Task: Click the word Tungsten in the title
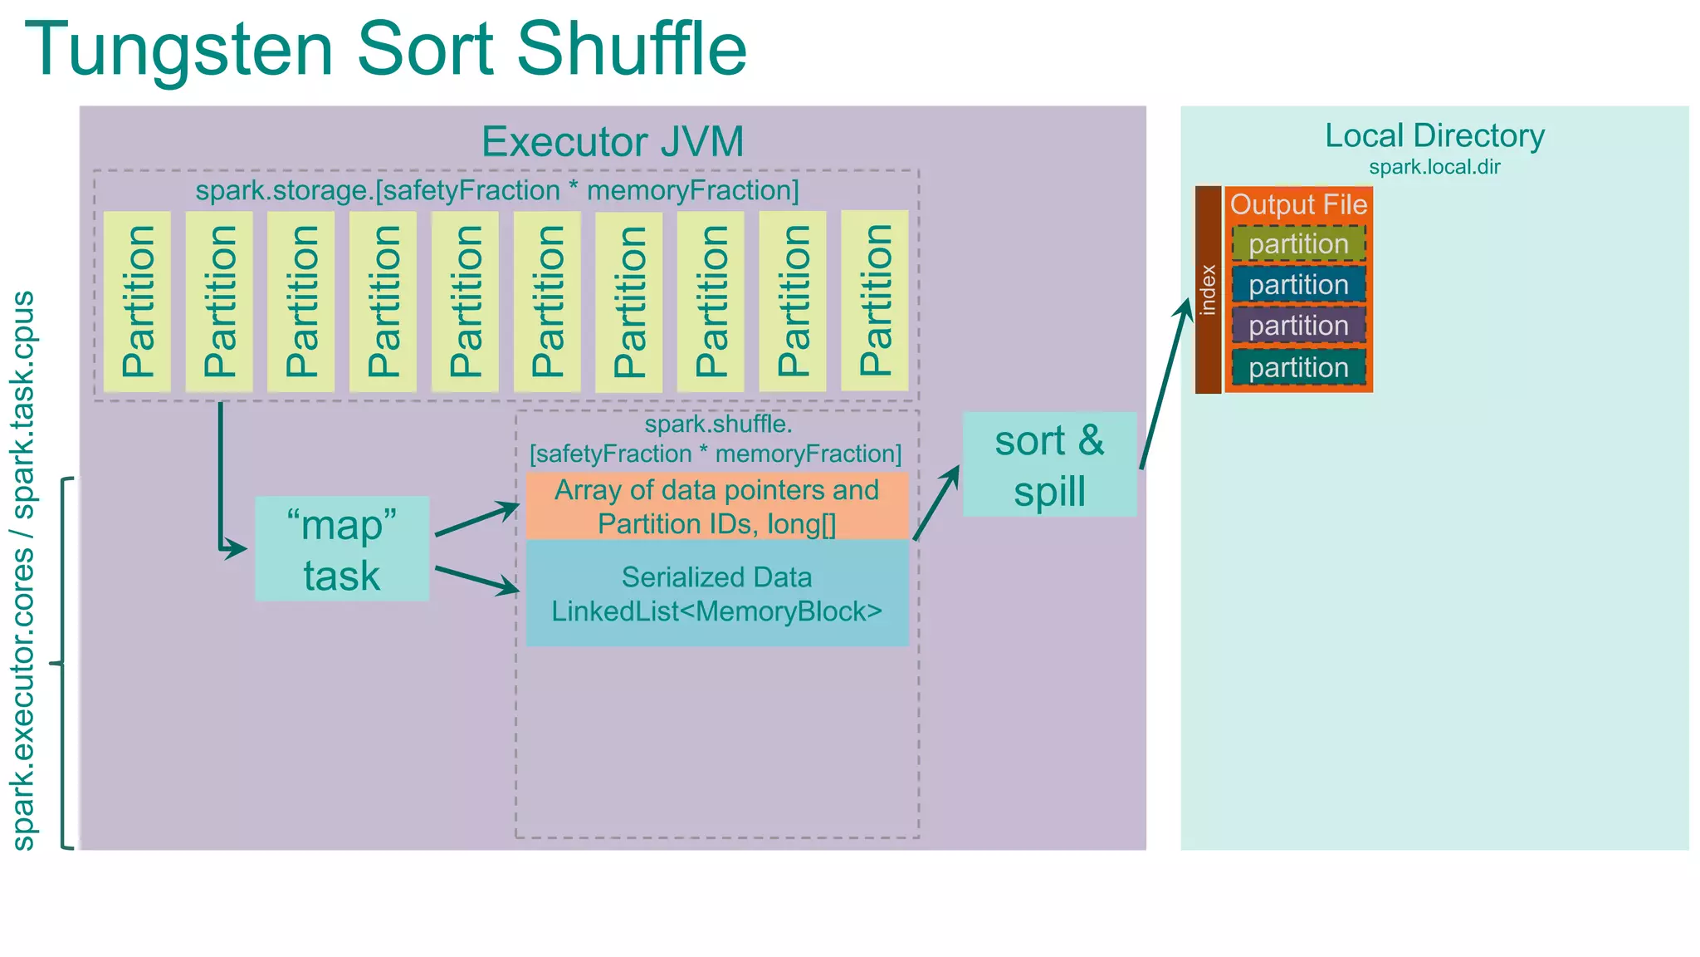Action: tap(178, 50)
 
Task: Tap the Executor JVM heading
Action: tap(613, 141)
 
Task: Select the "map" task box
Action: tap(342, 549)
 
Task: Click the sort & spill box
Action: tap(1049, 464)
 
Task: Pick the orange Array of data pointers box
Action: tap(717, 506)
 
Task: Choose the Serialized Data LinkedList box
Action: tap(717, 593)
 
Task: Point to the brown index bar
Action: tap(1209, 289)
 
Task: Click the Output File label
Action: tap(1298, 204)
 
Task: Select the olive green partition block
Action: tap(1298, 243)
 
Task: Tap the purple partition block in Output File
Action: tap(1298, 325)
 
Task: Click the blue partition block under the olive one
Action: tap(1298, 284)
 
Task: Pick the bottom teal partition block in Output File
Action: tap(1298, 367)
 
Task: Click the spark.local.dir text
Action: tap(1434, 167)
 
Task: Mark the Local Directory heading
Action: tap(1434, 135)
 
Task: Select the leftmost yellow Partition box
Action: tap(137, 301)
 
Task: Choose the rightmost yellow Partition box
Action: tap(874, 300)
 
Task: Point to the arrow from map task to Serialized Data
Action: tap(477, 580)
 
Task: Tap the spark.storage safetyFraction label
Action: tap(497, 191)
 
